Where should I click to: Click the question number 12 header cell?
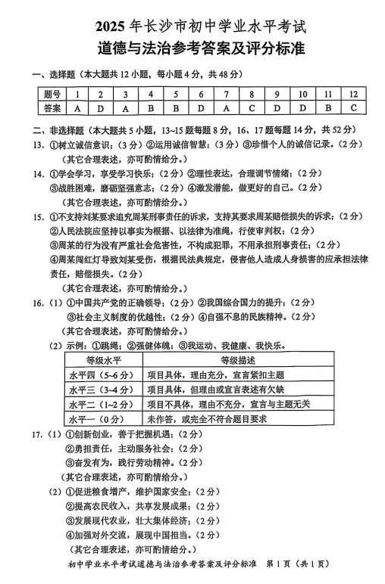click(353, 94)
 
